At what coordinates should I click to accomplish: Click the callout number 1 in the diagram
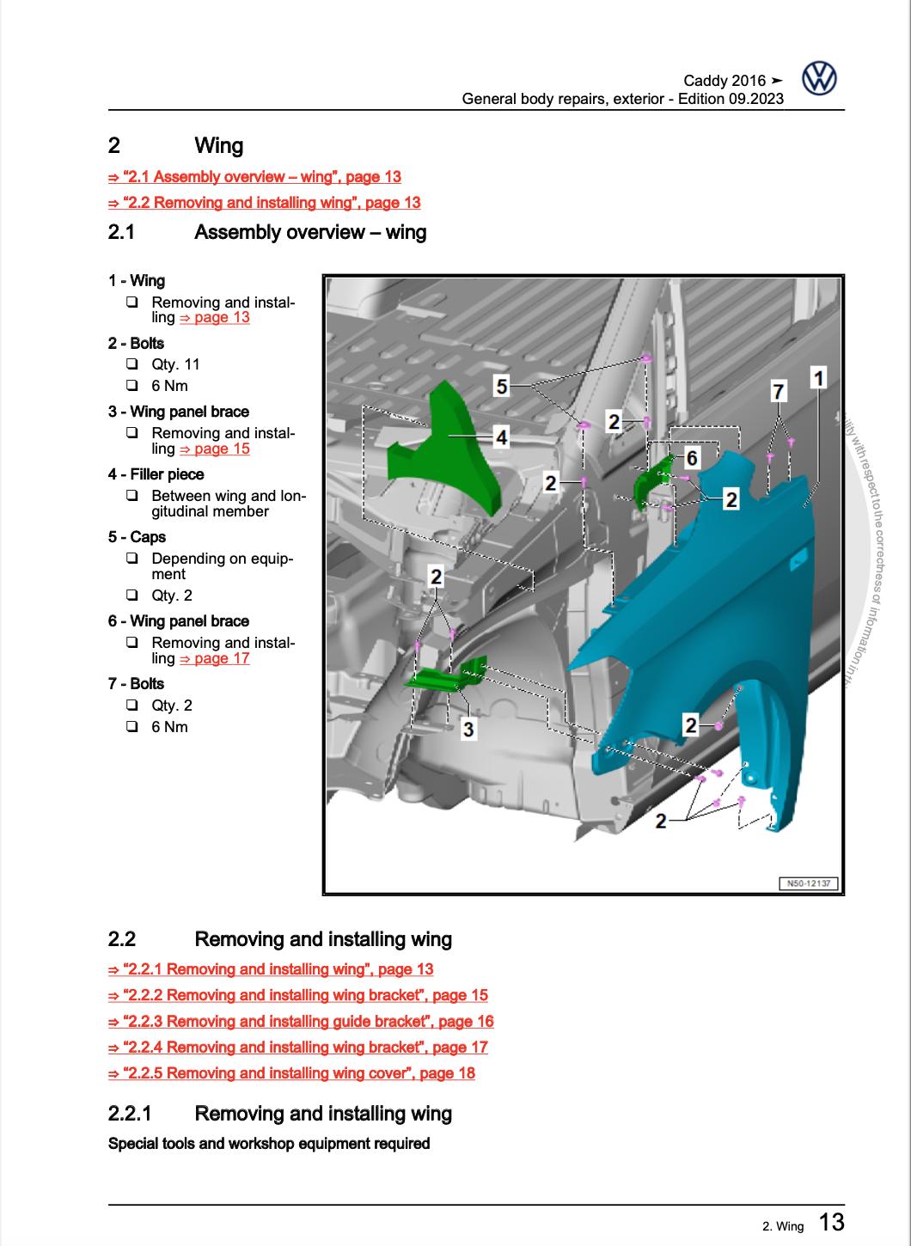click(818, 377)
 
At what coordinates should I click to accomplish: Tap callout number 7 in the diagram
click(779, 392)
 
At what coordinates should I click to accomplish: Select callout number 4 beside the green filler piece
click(501, 437)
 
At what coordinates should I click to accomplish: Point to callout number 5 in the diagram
click(502, 386)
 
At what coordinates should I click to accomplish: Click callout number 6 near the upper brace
click(692, 456)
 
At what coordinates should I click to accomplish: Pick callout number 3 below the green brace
click(468, 730)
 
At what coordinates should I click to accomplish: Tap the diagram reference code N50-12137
click(809, 883)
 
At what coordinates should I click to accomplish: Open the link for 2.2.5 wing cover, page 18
click(291, 1073)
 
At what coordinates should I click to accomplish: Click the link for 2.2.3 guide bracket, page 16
click(301, 1022)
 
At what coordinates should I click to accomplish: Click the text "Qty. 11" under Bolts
click(175, 364)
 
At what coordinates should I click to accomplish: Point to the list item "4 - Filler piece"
click(156, 474)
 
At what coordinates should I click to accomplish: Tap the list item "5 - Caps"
click(137, 537)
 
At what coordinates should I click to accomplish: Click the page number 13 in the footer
click(830, 1222)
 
